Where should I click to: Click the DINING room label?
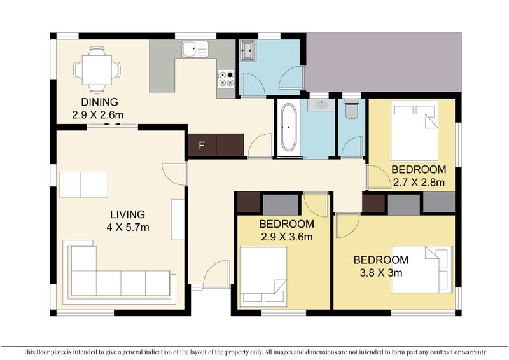(x=99, y=102)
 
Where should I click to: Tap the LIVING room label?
(x=128, y=214)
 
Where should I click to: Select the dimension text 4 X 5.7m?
(x=128, y=227)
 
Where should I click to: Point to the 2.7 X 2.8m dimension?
(x=419, y=183)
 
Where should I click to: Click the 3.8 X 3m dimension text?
(x=381, y=273)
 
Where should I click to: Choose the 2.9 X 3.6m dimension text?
(x=287, y=237)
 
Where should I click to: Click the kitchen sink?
(x=195, y=49)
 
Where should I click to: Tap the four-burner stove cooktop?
(x=226, y=79)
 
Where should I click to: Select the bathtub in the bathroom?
(x=288, y=127)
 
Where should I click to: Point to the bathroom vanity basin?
(x=321, y=104)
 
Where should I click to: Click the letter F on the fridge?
(x=202, y=146)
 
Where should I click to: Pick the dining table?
(x=97, y=70)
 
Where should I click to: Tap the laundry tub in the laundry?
(x=248, y=51)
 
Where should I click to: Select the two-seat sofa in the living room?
(x=84, y=184)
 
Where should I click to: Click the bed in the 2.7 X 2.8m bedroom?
(x=414, y=131)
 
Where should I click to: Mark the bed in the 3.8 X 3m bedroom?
(x=422, y=269)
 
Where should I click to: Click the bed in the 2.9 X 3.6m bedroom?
(x=263, y=277)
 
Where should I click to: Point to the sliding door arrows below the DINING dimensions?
(x=113, y=124)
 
